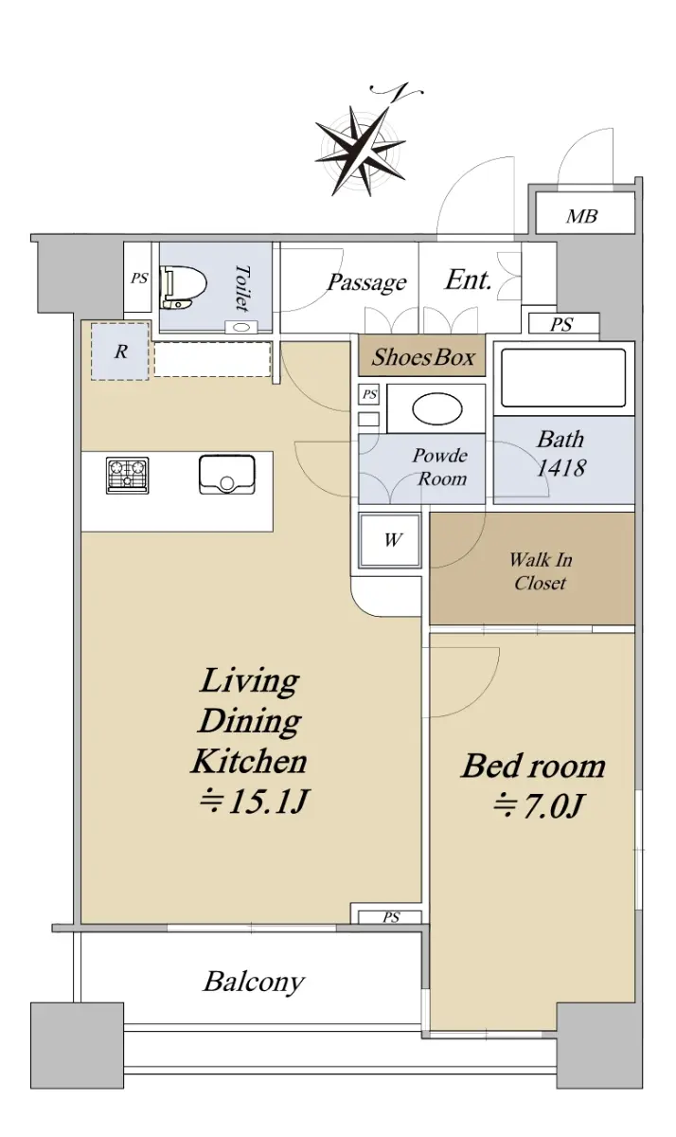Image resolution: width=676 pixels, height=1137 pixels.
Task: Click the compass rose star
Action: tap(360, 150)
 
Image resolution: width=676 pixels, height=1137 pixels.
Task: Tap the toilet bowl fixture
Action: tap(184, 288)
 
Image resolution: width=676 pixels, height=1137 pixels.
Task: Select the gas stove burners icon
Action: tap(127, 475)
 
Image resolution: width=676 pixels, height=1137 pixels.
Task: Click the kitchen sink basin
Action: tap(227, 475)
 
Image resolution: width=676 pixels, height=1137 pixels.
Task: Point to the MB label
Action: tap(581, 217)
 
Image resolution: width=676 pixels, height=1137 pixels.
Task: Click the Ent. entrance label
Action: tap(468, 280)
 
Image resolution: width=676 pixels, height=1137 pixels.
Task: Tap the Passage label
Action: tap(366, 282)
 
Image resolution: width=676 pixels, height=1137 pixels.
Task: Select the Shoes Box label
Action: tap(423, 357)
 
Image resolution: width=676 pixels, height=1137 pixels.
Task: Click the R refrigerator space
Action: tap(120, 352)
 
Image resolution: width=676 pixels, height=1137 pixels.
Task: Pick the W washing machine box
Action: tap(390, 540)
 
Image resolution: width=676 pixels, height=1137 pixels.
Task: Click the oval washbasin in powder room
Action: tap(437, 409)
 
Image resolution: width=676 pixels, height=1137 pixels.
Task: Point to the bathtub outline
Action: tap(563, 378)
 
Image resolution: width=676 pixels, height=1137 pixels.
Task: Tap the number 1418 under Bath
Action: tap(561, 468)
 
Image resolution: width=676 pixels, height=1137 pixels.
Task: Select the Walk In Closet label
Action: tap(541, 571)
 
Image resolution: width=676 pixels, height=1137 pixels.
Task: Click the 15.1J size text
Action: tap(253, 802)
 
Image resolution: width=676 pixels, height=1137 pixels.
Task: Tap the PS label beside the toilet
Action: tap(139, 279)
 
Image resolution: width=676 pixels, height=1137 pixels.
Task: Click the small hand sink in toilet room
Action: tap(240, 327)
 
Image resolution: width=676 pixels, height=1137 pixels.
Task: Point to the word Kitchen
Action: tap(249, 761)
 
